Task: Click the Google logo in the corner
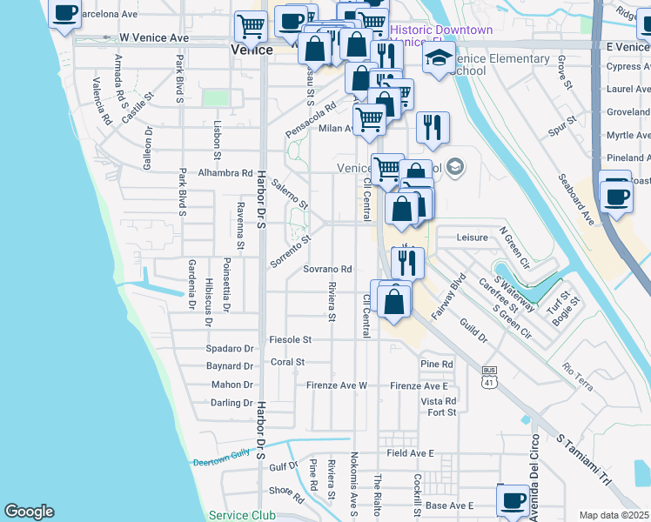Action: tap(30, 512)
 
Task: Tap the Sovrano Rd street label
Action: tap(327, 270)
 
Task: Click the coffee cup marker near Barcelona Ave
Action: tap(64, 15)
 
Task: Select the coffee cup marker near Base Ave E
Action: tap(513, 500)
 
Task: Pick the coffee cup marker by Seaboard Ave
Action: tap(616, 195)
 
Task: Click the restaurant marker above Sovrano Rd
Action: tap(407, 261)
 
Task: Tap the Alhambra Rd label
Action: tap(225, 173)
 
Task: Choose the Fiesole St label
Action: tap(291, 339)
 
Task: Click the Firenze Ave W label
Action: tap(337, 385)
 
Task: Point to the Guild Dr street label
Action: tap(475, 333)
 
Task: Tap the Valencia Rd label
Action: tap(102, 101)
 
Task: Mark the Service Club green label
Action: tap(242, 515)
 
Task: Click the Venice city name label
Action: tap(252, 51)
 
